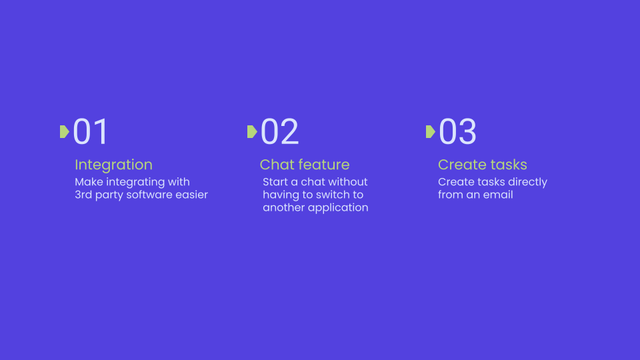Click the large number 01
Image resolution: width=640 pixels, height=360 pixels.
click(90, 131)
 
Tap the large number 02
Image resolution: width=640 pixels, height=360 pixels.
click(279, 131)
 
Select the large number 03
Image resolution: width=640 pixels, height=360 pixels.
click(457, 131)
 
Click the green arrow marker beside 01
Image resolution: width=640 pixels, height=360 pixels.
click(65, 132)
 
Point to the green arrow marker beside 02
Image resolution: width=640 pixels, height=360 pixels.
click(252, 132)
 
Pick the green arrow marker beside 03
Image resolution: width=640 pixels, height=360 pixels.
click(431, 132)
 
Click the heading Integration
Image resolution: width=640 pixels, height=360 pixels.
click(113, 165)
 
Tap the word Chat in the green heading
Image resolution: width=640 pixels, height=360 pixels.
click(276, 165)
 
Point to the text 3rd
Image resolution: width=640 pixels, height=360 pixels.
click(83, 195)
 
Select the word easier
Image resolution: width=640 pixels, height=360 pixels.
click(192, 195)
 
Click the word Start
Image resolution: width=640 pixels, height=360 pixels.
click(275, 181)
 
